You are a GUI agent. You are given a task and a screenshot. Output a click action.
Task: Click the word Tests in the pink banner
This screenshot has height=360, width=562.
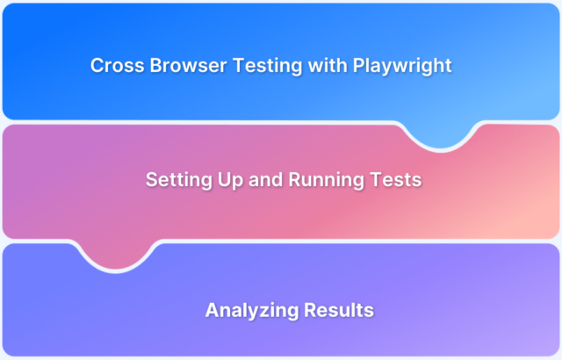click(394, 180)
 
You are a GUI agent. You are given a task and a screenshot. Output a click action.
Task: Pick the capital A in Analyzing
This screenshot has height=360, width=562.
click(213, 310)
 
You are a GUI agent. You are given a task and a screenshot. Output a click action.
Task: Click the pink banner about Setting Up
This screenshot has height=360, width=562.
click(281, 211)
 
